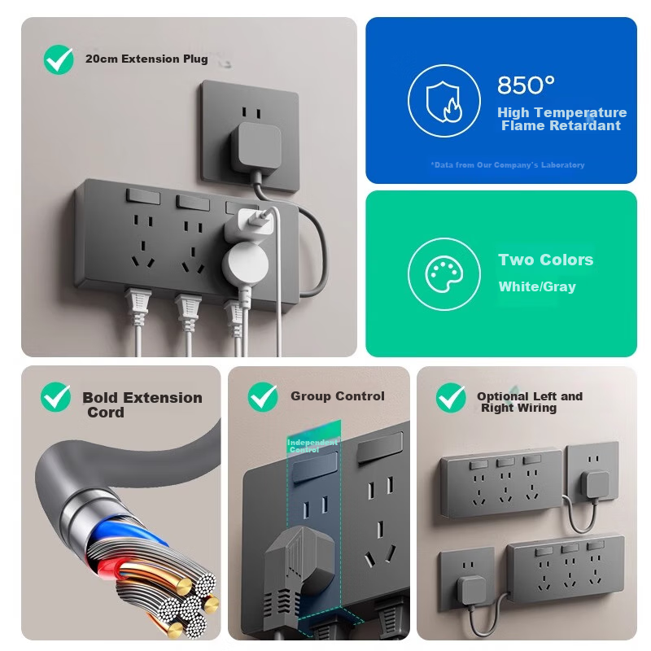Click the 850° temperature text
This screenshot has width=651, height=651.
[526, 85]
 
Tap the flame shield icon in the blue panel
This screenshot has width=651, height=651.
[443, 101]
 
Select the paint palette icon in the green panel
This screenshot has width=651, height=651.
[443, 274]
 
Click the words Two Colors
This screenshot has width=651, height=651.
[545, 260]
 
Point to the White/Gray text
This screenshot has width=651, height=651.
[537, 286]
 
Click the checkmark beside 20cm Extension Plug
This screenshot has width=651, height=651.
[59, 59]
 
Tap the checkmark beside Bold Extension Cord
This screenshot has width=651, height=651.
[55, 398]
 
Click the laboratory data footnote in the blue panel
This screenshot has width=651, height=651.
[507, 165]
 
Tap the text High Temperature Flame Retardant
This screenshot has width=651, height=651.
[561, 119]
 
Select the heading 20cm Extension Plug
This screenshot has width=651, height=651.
[146, 59]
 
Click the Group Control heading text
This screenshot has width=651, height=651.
[337, 396]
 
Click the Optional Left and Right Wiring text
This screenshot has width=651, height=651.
[529, 402]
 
